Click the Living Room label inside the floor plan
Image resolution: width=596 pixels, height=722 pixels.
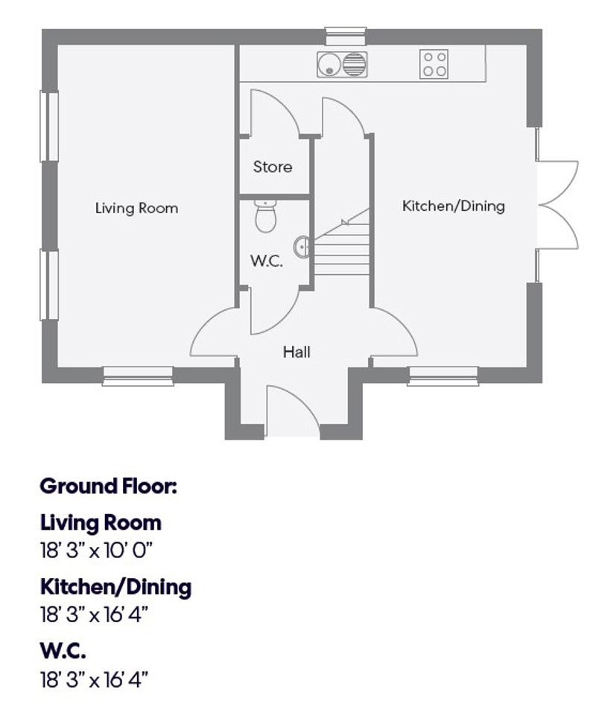pos(136,209)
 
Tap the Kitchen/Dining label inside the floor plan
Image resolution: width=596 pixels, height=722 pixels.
pos(453,206)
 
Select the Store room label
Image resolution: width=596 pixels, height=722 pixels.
pos(273,167)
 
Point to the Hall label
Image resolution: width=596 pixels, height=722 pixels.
pos(297,352)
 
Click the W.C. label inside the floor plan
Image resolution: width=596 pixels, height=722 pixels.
pos(266,262)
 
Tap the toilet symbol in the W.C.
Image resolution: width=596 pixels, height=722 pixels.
pos(264,215)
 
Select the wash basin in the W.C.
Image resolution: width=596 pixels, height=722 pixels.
pos(302,247)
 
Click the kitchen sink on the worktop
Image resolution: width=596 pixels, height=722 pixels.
pos(342,64)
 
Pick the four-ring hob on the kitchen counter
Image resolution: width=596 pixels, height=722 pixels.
pos(434,64)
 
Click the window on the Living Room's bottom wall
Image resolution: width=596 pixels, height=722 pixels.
pos(138,376)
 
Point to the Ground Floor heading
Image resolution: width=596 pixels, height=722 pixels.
pos(108,487)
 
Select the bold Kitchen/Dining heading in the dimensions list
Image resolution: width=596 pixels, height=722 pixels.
pos(115,586)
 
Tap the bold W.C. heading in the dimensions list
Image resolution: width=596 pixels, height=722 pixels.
pos(63,651)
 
